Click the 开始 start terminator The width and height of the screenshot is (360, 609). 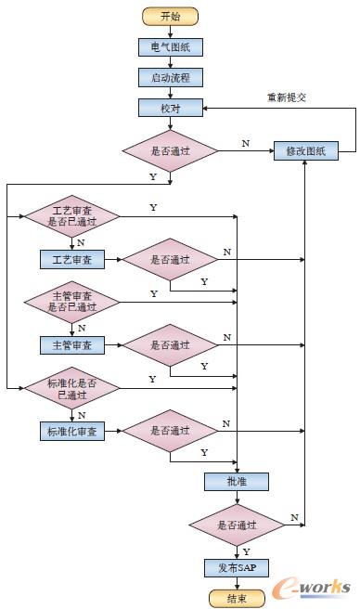[x=170, y=16]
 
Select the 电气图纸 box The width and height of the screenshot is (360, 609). [x=170, y=46]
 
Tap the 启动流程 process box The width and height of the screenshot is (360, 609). [x=170, y=77]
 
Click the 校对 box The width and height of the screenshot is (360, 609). [x=170, y=108]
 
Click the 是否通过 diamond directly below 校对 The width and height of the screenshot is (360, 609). [x=170, y=150]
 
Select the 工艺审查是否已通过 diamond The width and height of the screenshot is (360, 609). [x=72, y=217]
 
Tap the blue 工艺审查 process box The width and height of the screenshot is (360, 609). [x=72, y=259]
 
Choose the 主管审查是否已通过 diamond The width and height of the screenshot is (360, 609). [x=72, y=302]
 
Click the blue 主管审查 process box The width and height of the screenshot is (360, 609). [x=72, y=344]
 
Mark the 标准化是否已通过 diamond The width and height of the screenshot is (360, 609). [x=72, y=387]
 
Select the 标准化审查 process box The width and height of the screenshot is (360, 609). [x=72, y=431]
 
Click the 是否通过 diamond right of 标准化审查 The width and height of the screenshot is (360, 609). [x=170, y=431]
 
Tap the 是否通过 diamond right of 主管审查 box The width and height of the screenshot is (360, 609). [x=170, y=344]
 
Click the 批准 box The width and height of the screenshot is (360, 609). [x=237, y=481]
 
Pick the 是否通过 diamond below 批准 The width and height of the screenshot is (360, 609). [x=237, y=525]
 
